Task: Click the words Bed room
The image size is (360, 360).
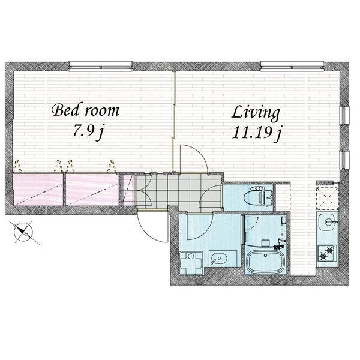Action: [86, 110]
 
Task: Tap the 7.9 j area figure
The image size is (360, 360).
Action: [88, 132]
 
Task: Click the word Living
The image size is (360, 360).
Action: [256, 113]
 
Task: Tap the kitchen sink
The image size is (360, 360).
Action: [328, 222]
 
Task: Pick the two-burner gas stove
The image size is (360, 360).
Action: [328, 253]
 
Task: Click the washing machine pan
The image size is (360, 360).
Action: [191, 263]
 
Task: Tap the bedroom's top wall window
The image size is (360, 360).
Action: [101, 66]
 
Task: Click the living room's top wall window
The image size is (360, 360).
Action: [292, 66]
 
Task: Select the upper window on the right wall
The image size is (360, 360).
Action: [344, 116]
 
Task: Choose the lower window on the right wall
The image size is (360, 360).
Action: [344, 160]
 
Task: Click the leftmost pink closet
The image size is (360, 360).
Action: [38, 190]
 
